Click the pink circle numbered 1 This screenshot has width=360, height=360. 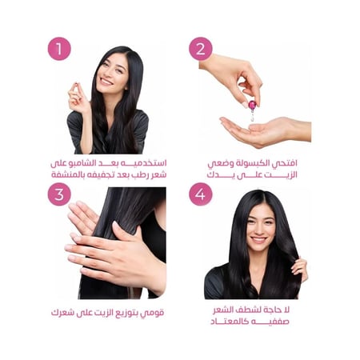(59, 48)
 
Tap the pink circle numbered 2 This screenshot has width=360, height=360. (201, 48)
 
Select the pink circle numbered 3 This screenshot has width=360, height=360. (59, 194)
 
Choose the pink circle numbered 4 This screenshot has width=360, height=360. (201, 194)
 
